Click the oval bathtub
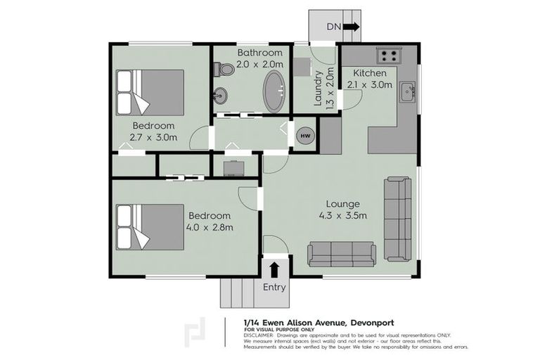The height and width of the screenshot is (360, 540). click(x=274, y=91)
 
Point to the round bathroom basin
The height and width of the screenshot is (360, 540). click(x=221, y=95)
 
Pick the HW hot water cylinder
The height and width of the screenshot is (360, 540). click(x=305, y=135)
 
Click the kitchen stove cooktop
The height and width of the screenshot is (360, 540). click(x=388, y=55)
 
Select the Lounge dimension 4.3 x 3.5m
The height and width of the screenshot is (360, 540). click(x=342, y=216)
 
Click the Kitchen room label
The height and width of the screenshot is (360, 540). click(x=369, y=73)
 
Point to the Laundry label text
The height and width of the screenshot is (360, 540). click(x=319, y=87)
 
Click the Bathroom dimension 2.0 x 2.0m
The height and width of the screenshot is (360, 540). click(x=259, y=64)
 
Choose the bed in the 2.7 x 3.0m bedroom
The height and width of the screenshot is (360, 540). click(x=150, y=91)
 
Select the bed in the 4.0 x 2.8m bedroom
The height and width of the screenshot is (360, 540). click(x=150, y=226)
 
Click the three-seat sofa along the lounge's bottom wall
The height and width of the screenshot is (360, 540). click(x=342, y=251)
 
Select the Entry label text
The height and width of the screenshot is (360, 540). click(x=274, y=287)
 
